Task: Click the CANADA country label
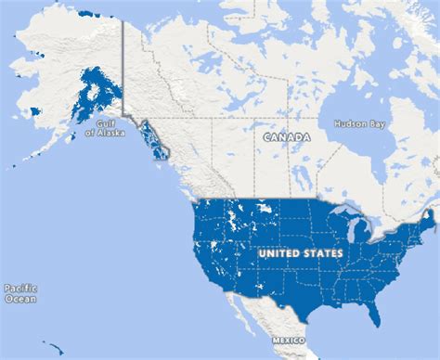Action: [x=286, y=136]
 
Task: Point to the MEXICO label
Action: [x=289, y=341]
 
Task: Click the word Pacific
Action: [x=19, y=289]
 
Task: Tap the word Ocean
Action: [x=19, y=300]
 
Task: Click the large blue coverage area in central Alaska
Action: [x=97, y=94]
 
